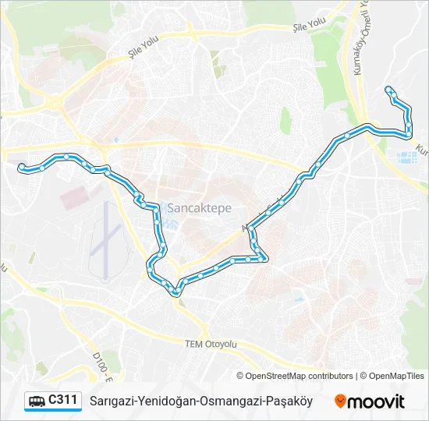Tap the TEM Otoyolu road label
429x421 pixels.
pos(211,343)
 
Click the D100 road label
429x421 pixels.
pos(100,366)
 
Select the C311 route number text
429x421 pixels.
pos(63,400)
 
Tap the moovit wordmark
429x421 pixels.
pos(376,402)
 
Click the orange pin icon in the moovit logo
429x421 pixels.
pos(341,402)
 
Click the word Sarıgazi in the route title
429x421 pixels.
pos(111,401)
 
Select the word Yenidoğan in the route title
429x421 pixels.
pos(165,401)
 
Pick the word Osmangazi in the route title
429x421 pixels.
pos(229,401)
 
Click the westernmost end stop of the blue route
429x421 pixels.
pos(22,166)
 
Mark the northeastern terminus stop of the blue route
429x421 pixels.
pos(388,90)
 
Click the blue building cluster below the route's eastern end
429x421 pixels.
pos(407,158)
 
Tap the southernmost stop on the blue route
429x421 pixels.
pos(176,293)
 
